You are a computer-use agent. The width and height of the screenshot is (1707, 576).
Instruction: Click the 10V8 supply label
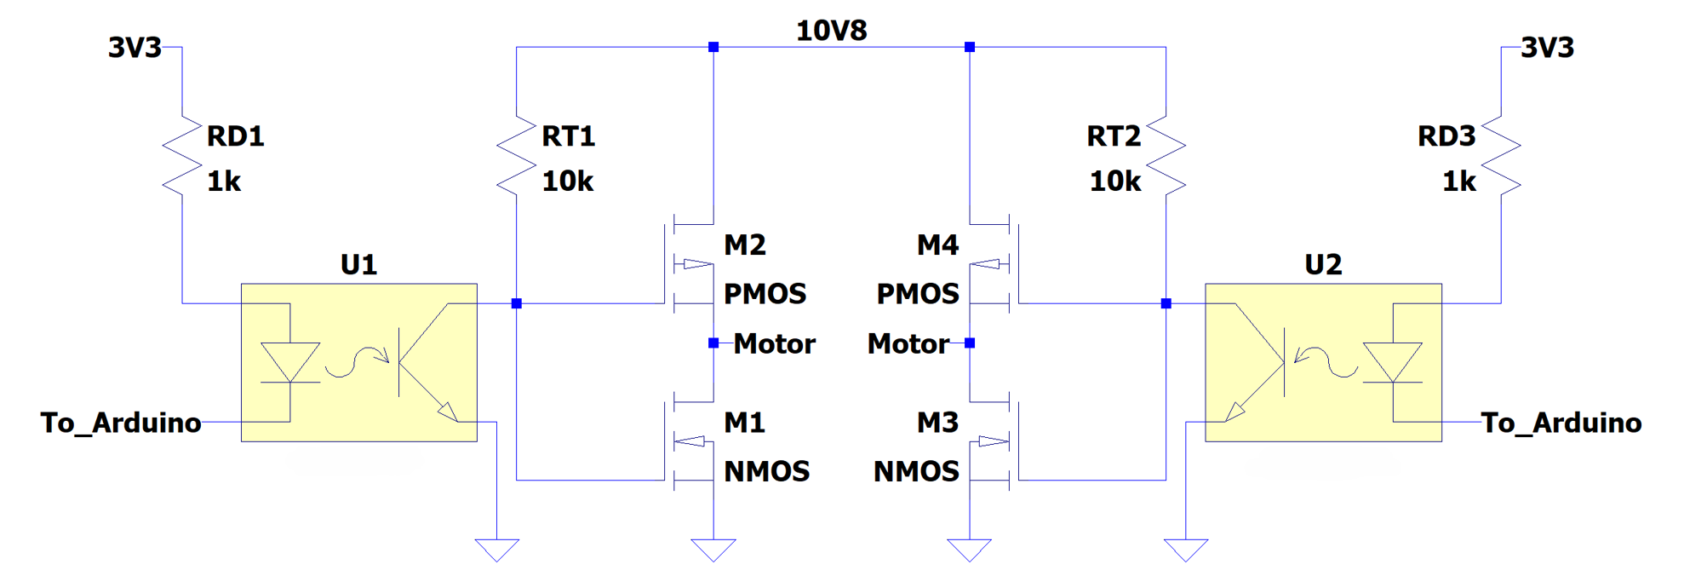click(831, 31)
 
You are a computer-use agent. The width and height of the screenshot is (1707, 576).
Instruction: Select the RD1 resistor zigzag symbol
click(181, 156)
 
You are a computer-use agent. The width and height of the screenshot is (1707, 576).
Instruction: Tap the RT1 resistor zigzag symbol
click(516, 156)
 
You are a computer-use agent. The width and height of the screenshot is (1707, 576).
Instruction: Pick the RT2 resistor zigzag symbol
click(1166, 156)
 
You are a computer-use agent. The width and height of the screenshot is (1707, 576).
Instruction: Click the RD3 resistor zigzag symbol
click(1500, 156)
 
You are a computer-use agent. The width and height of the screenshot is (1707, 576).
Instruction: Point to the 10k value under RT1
click(567, 181)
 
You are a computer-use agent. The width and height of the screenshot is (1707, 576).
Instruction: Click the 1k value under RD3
click(1458, 181)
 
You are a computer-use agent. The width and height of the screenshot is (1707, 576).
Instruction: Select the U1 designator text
click(358, 265)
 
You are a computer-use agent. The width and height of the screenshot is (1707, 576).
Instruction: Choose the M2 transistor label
click(745, 245)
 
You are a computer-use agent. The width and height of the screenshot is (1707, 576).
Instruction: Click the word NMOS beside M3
click(916, 472)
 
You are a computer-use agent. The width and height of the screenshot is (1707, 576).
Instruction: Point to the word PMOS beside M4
click(918, 294)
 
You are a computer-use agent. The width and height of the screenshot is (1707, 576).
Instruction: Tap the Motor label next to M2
click(774, 344)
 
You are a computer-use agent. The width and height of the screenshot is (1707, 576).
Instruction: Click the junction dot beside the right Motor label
click(969, 343)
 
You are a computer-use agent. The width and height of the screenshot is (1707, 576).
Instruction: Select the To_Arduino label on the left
click(121, 423)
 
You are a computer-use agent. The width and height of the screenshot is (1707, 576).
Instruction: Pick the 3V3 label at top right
click(1547, 48)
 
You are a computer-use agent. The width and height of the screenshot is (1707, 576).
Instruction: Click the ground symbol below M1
click(713, 550)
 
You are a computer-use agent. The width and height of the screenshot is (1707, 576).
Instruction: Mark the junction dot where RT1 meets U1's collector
click(516, 303)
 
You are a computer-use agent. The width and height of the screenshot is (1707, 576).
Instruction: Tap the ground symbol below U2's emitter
click(1186, 550)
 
